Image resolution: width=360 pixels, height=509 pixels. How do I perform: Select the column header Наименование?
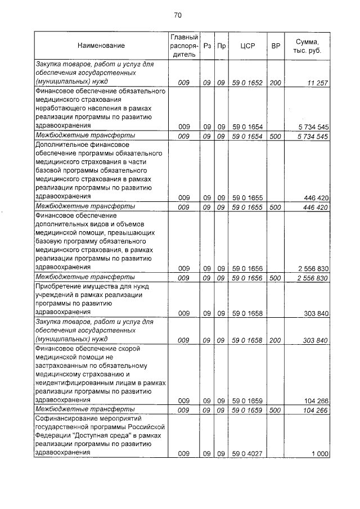[x=101, y=45]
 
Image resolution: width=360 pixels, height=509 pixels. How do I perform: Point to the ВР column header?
[x=276, y=45]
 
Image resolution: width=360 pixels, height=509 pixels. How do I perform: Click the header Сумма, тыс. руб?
[x=309, y=45]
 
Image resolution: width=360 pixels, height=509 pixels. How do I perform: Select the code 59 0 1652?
[x=247, y=83]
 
